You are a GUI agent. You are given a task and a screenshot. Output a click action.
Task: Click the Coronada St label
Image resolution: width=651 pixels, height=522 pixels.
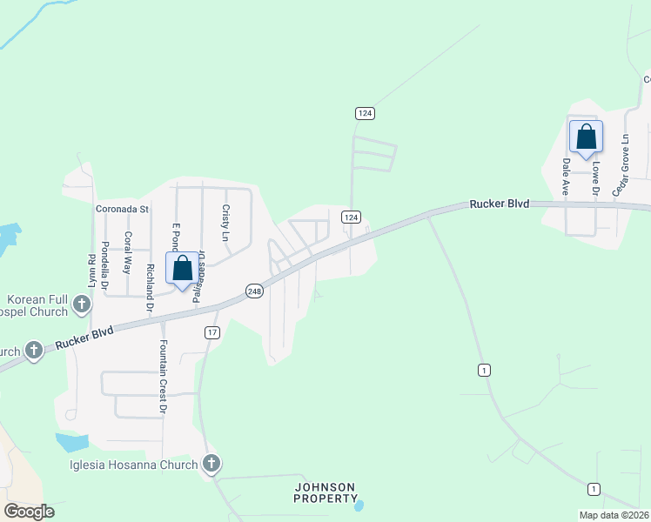(x=123, y=210)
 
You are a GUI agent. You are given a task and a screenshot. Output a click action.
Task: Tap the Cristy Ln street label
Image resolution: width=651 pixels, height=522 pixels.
(x=225, y=224)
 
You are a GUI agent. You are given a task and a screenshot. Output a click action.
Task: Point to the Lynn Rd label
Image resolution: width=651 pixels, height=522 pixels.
(x=91, y=271)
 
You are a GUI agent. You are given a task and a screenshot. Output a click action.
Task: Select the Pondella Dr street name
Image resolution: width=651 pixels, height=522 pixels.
(x=104, y=264)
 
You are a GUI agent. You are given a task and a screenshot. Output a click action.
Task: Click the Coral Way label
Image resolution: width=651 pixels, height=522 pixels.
(x=127, y=253)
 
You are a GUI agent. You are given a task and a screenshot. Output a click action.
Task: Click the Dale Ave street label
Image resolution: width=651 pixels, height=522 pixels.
(x=566, y=174)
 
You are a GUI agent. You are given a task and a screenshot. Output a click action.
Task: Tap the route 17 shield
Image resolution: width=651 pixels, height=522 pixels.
(x=213, y=332)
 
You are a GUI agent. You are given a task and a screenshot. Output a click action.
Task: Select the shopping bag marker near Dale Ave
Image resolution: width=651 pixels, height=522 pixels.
(x=586, y=137)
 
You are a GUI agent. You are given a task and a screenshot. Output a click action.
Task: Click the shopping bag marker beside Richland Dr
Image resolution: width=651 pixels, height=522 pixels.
(x=183, y=268)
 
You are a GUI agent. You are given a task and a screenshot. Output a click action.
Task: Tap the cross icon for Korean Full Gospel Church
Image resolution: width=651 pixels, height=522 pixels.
(x=82, y=304)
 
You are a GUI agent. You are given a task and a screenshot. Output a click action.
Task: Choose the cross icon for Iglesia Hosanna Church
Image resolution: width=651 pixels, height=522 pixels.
(x=211, y=464)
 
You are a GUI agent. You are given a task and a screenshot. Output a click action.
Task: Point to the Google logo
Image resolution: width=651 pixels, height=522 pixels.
(x=29, y=512)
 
